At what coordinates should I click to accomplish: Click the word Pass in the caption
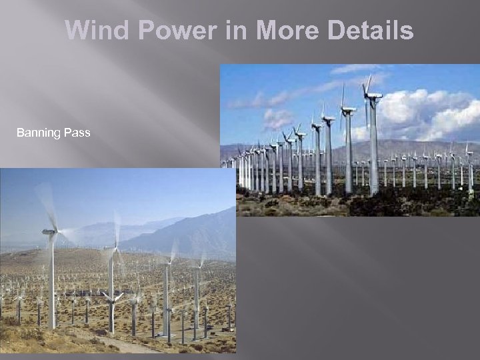click(77, 133)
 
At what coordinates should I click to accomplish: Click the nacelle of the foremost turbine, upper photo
click(373, 97)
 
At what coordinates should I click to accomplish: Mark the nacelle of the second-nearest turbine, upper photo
click(348, 109)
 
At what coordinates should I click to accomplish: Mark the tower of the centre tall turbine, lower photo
click(165, 293)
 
